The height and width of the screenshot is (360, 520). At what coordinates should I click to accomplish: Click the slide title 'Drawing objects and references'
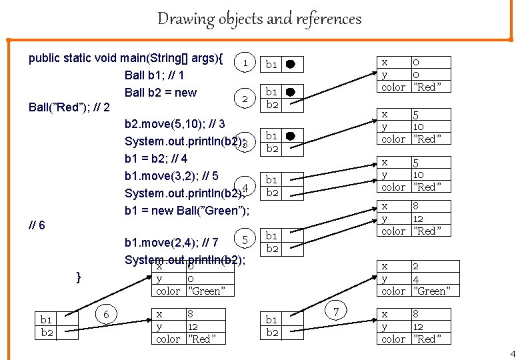point(259,19)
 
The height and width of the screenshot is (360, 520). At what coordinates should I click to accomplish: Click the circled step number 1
point(246,63)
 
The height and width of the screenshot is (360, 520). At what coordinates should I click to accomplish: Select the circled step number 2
point(246,99)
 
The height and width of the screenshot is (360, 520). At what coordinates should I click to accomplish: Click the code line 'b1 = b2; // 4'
point(156,159)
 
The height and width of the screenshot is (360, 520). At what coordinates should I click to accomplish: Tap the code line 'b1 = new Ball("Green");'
point(187,211)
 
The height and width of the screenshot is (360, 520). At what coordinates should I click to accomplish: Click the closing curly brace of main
point(79,275)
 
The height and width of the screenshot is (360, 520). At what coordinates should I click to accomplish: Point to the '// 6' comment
point(37,225)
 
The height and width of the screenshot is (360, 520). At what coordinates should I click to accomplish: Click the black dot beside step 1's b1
point(290,65)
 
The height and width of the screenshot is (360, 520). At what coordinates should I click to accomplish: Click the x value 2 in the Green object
point(416,266)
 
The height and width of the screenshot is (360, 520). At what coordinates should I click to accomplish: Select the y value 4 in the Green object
point(416,278)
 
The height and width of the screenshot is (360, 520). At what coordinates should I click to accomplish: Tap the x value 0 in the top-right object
point(416,62)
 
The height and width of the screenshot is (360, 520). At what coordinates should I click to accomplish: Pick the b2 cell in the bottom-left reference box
point(46,332)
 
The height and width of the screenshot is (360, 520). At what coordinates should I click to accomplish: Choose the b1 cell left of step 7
point(271,320)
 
